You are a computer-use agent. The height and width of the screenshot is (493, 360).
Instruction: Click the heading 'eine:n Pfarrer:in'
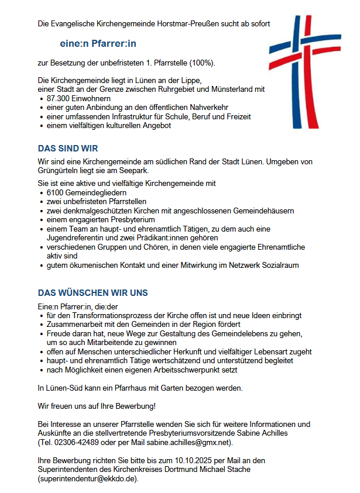pyautogui.click(x=98, y=43)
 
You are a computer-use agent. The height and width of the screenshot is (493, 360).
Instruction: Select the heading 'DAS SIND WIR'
pyautogui.click(x=68, y=149)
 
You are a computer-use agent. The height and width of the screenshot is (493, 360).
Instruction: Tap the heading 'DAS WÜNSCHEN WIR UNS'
pyautogui.click(x=93, y=292)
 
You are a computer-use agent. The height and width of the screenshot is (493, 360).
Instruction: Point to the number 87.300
pyautogui.click(x=60, y=98)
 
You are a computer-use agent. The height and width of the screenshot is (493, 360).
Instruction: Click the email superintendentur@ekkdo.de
pyautogui.click(x=88, y=478)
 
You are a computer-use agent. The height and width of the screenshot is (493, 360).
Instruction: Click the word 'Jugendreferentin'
pyautogui.click(x=74, y=238)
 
